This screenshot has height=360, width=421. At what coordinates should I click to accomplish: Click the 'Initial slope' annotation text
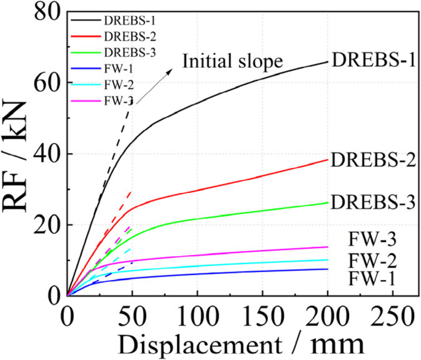click(x=232, y=61)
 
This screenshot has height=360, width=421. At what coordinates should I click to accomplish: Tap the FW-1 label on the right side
click(x=371, y=279)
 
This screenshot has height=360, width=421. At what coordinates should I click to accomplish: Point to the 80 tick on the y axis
click(x=48, y=13)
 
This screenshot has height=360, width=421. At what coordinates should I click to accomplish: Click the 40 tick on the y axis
click(x=48, y=154)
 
